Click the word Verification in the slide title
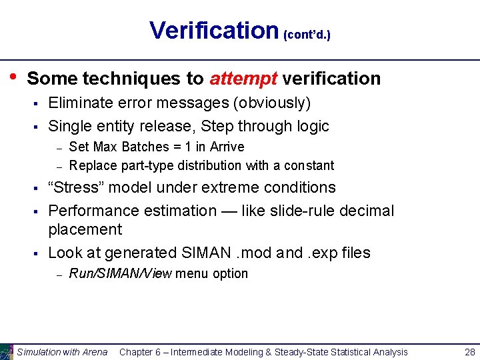click(213, 31)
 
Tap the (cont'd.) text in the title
click(307, 34)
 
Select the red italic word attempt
click(243, 79)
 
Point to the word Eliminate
click(80, 103)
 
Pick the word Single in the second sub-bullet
click(69, 126)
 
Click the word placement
click(85, 230)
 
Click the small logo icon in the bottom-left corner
click(7, 351)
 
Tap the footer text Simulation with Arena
click(62, 352)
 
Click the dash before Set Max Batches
click(59, 147)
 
